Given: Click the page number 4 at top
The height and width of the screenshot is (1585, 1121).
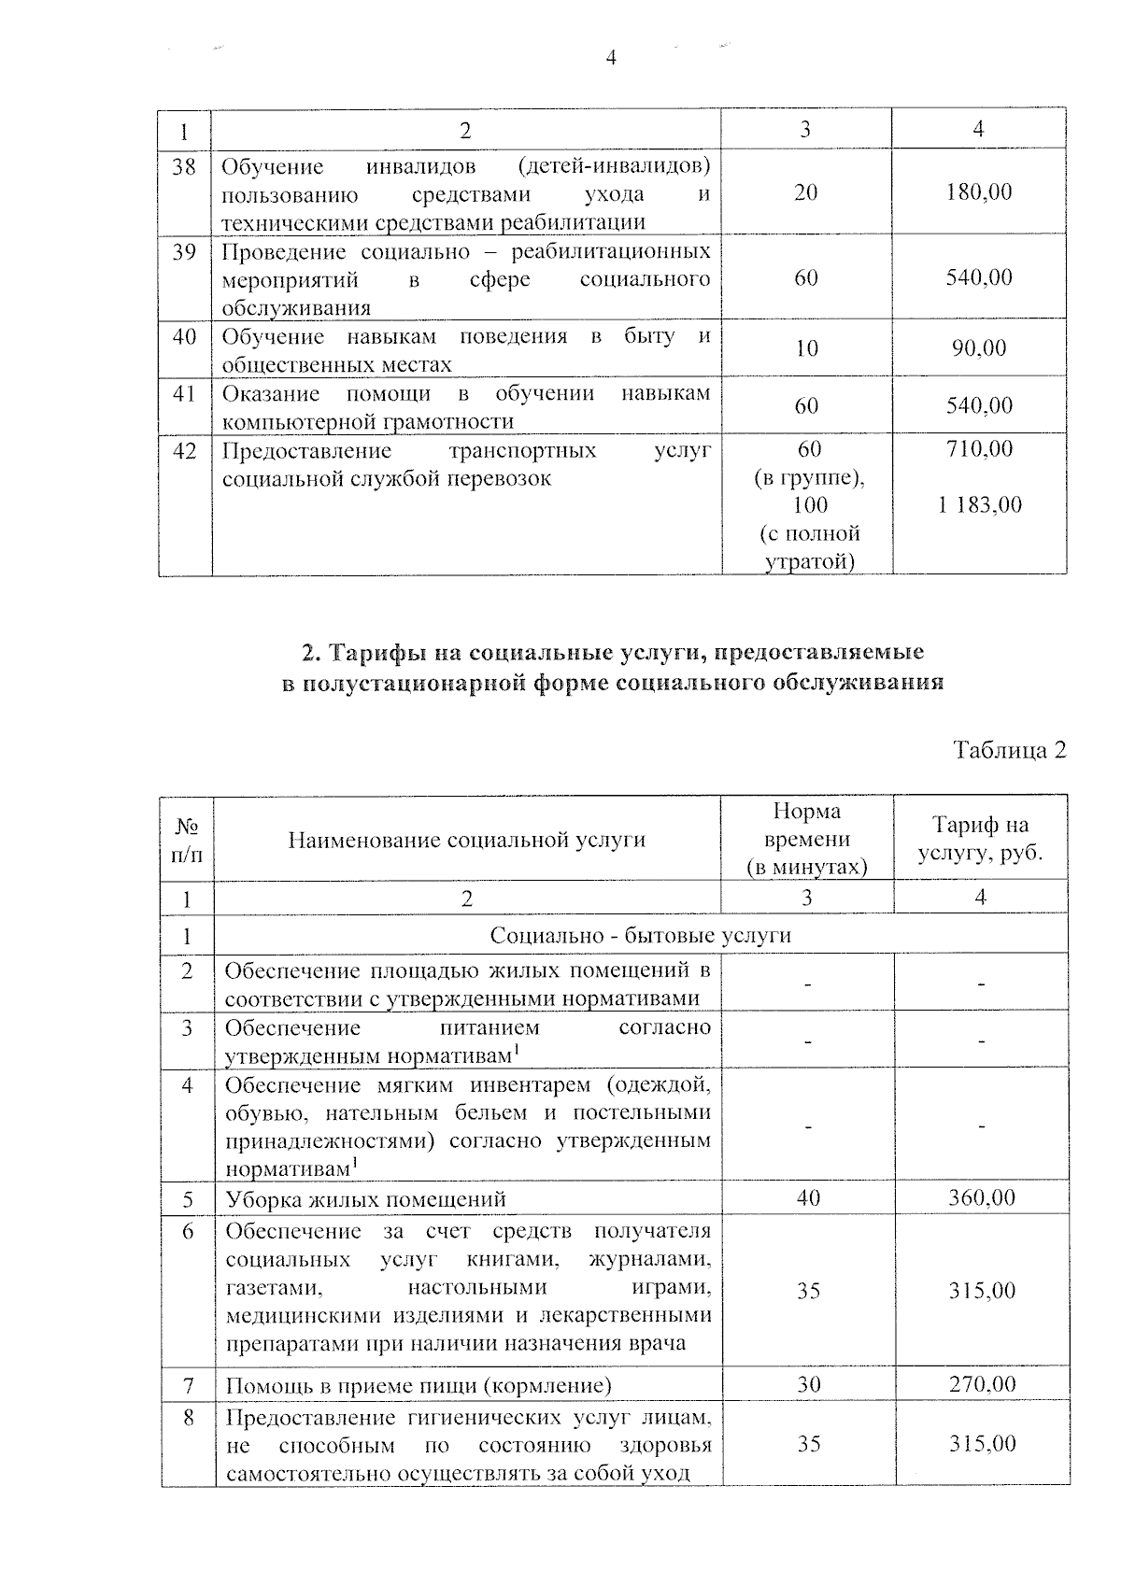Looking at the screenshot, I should pos(611,59).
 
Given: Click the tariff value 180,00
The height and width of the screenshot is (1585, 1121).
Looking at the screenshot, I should pos(978,192).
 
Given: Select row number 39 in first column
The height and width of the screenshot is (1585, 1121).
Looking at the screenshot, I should pos(184,252).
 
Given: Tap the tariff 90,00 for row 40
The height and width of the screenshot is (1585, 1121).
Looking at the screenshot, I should pos(979,348).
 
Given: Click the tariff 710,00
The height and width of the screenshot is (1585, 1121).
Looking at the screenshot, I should pos(979,449).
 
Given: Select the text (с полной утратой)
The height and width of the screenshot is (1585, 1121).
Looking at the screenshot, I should pos(809,548).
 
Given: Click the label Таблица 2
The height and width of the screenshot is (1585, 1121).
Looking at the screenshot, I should pos(1009,750).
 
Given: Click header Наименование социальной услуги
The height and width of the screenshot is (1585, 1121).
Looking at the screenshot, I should pos(466,840).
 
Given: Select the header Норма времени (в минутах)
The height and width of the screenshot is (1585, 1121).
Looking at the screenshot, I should pos(807,839).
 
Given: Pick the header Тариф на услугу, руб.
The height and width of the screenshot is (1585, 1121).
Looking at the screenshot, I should pos(980,839).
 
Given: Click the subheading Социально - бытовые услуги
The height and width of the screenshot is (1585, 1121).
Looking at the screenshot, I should pos(640,935).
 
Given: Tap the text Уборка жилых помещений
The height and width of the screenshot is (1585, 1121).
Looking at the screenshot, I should pos(365,1198).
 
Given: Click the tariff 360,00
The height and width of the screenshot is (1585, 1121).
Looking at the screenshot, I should pos(981,1197).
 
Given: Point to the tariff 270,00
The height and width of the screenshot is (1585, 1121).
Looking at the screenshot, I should pos(982,1383).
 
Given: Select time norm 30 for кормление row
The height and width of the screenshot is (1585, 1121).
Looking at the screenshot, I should pos(808,1383).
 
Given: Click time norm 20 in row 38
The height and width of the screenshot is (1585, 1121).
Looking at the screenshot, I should pos(805,192).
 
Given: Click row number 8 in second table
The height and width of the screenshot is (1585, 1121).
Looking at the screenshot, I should pos(188,1418).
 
